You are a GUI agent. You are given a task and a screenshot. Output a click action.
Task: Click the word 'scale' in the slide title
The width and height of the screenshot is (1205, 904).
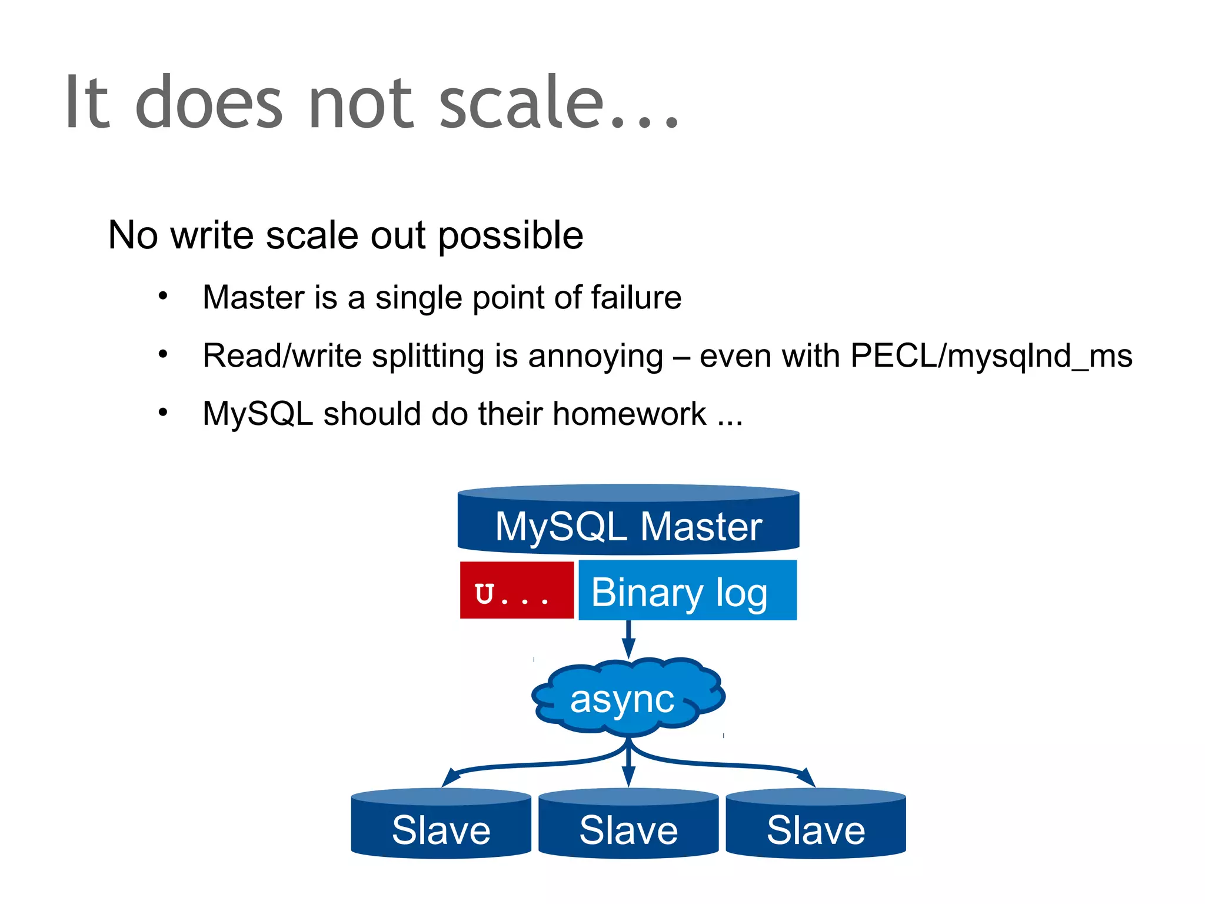click(x=521, y=103)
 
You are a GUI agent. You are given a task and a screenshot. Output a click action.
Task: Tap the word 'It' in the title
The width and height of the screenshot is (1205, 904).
click(x=87, y=103)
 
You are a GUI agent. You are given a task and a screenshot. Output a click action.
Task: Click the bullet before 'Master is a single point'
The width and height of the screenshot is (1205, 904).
click(x=163, y=296)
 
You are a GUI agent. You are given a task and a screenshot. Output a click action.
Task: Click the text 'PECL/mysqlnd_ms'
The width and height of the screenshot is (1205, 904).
click(x=991, y=356)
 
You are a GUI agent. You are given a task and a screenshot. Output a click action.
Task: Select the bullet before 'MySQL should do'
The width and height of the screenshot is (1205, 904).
click(x=163, y=413)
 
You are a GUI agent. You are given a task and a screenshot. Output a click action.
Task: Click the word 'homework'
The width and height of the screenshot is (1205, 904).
click(x=629, y=414)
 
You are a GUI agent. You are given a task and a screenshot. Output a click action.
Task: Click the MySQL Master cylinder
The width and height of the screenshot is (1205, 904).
click(x=628, y=521)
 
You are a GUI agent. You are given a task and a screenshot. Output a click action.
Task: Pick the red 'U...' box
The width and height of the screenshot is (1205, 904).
click(x=516, y=590)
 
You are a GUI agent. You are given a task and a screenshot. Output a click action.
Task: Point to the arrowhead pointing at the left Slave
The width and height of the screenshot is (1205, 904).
click(x=450, y=777)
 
